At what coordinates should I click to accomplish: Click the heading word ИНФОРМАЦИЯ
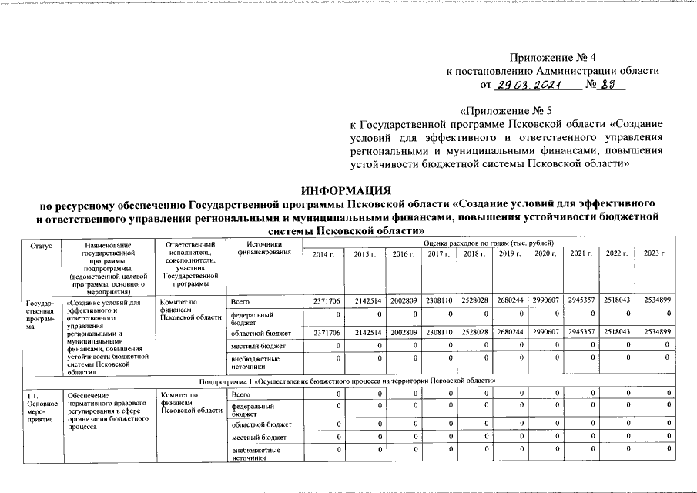[347, 189]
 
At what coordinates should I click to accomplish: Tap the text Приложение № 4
[553, 56]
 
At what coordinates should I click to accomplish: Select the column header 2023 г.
[654, 254]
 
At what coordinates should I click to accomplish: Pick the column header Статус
[41, 244]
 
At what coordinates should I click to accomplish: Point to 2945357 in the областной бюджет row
[581, 331]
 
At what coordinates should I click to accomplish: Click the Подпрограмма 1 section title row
[347, 381]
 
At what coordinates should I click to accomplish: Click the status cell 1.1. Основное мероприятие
[40, 408]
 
